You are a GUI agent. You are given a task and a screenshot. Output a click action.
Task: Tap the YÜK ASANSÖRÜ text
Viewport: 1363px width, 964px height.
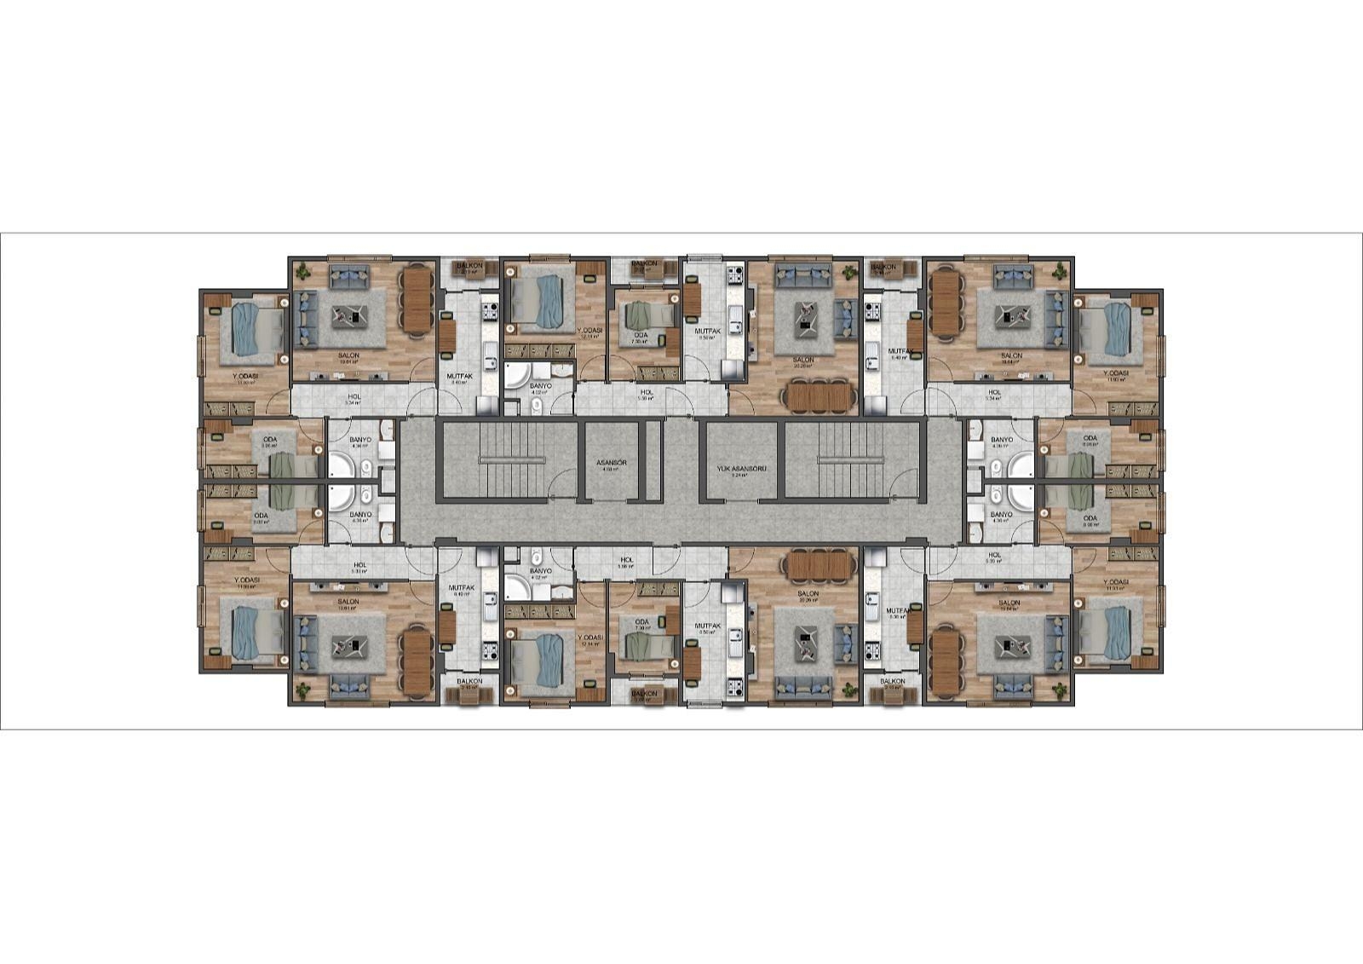738,469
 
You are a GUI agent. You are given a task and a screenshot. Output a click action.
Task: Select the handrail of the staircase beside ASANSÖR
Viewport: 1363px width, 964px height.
511,459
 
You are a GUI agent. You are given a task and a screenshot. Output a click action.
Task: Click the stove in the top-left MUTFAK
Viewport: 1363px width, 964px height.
489,313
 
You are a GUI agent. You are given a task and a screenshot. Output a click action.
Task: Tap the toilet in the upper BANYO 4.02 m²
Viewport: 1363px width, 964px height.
536,407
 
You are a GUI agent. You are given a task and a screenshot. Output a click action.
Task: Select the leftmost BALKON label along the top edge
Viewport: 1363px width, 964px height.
469,266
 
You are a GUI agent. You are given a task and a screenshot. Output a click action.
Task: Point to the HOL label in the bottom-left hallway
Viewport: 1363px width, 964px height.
359,564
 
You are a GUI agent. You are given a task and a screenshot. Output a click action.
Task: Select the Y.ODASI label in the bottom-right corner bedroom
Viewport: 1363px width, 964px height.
1116,582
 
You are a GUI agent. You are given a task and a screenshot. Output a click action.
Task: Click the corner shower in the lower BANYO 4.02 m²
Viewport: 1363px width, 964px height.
516,586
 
